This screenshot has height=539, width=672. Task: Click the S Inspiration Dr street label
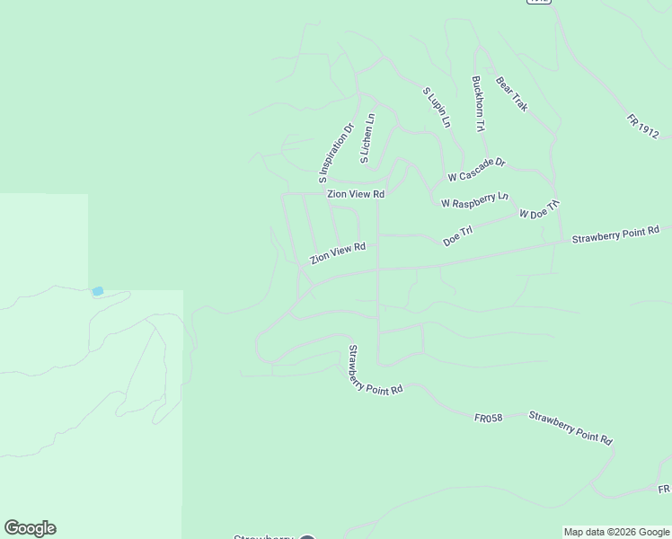pyautogui.click(x=335, y=147)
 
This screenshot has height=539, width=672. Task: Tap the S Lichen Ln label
pyautogui.click(x=367, y=139)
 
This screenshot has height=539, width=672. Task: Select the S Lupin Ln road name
pyautogui.click(x=437, y=106)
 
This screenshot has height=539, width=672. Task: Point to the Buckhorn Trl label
pyautogui.click(x=478, y=102)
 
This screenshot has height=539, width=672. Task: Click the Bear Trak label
pyautogui.click(x=511, y=93)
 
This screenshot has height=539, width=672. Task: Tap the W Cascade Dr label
pyautogui.click(x=477, y=169)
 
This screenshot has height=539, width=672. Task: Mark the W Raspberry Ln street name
pyautogui.click(x=474, y=199)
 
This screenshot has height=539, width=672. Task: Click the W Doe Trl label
pyautogui.click(x=539, y=209)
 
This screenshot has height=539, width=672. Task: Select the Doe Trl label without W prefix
pyautogui.click(x=457, y=236)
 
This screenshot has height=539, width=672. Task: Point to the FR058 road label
pyautogui.click(x=488, y=417)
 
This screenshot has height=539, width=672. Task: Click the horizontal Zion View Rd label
pyautogui.click(x=356, y=194)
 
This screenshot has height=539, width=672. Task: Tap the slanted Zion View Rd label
pyautogui.click(x=338, y=253)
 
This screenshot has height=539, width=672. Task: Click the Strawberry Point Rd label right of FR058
pyautogui.click(x=570, y=428)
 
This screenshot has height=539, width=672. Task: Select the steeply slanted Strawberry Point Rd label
pyautogui.click(x=375, y=371)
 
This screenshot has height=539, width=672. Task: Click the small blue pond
pyautogui.click(x=97, y=291)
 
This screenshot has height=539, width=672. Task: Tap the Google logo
pyautogui.click(x=30, y=528)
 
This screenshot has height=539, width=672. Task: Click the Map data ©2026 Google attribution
pyautogui.click(x=616, y=532)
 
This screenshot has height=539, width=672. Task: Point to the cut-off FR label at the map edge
pyautogui.click(x=663, y=489)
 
